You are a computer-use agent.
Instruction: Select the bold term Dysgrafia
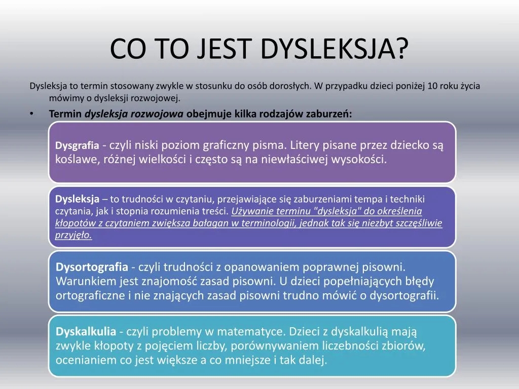pos(77,146)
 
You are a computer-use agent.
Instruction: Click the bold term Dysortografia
pos(92,267)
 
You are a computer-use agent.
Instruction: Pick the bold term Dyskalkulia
pos(86,332)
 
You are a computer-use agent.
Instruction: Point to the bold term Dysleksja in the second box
pos(77,199)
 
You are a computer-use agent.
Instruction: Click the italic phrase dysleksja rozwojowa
pos(134,114)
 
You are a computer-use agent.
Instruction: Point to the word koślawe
pos(72,160)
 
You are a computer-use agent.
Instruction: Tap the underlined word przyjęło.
pos(73,236)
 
